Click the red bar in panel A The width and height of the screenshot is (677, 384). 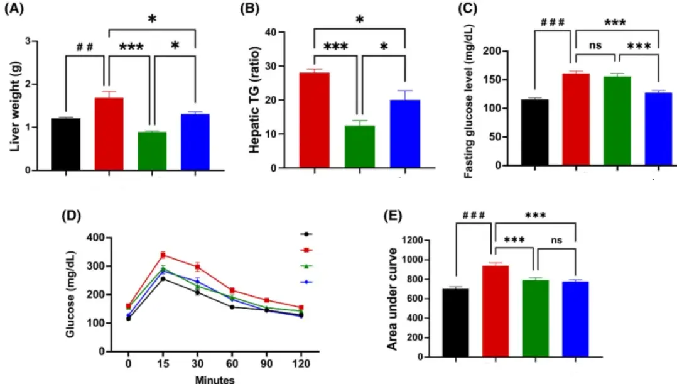(x=109, y=134)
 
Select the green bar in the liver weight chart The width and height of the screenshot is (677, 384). (x=152, y=151)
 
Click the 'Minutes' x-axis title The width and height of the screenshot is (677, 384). (x=214, y=379)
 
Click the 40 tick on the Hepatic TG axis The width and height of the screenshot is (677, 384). (x=275, y=32)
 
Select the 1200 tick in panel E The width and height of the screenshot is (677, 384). (x=422, y=241)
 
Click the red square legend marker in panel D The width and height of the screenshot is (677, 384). (x=306, y=250)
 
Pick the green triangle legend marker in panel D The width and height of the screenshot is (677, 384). (x=306, y=266)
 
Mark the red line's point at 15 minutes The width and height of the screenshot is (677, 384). (x=163, y=255)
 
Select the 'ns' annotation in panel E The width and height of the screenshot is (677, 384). (x=555, y=239)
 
